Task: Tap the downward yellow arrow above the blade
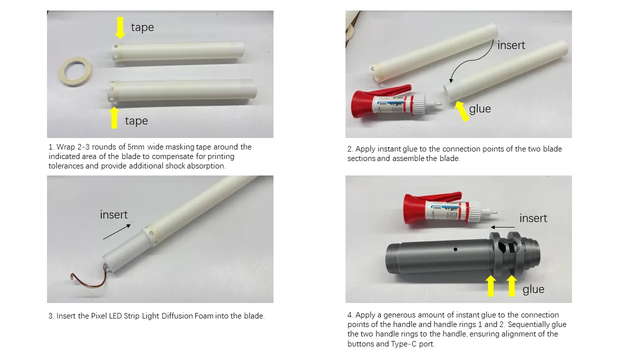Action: click(120, 27)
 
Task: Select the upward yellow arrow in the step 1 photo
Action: click(114, 117)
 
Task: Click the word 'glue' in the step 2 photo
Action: click(480, 109)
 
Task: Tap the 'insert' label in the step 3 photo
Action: click(113, 214)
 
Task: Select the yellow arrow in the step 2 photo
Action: click(461, 111)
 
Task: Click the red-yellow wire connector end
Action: click(72, 276)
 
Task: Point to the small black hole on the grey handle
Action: click(455, 249)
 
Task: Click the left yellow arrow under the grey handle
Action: click(491, 285)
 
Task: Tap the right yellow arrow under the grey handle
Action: click(511, 285)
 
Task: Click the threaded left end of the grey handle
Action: click(392, 258)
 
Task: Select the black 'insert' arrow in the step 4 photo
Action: click(503, 227)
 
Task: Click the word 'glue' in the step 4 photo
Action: click(533, 289)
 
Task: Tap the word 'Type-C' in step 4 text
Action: click(403, 343)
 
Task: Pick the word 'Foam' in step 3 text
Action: click(203, 315)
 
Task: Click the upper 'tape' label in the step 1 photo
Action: click(142, 27)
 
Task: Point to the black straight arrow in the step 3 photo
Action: click(117, 232)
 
